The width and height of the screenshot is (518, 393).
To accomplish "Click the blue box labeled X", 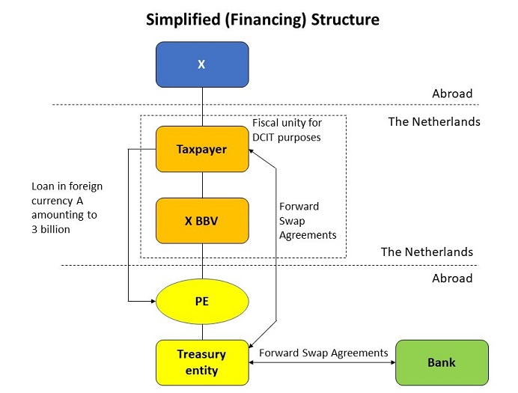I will tap(201, 64).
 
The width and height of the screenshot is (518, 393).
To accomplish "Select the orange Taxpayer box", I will tap(201, 149).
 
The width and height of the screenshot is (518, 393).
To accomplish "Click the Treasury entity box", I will tap(201, 362).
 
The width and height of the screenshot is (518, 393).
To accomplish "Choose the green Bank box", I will tap(442, 362).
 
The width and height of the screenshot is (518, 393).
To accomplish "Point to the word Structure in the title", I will tap(342, 19).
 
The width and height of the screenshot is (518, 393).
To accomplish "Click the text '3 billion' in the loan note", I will tap(51, 229).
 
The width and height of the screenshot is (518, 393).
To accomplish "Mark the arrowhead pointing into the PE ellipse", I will tap(153, 301).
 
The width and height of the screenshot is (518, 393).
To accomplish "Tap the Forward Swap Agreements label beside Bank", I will tap(323, 353).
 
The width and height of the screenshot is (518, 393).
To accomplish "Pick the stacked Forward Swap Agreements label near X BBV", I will tap(307, 220).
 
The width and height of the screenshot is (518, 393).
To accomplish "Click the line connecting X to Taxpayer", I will tap(201, 106).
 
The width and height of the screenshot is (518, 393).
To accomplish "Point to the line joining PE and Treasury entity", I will tap(201, 331).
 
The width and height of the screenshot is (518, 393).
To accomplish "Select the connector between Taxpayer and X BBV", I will tap(201, 185).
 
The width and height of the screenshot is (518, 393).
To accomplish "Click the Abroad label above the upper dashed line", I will tap(452, 94).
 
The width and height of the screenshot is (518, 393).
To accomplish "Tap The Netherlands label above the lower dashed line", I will tap(427, 252).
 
